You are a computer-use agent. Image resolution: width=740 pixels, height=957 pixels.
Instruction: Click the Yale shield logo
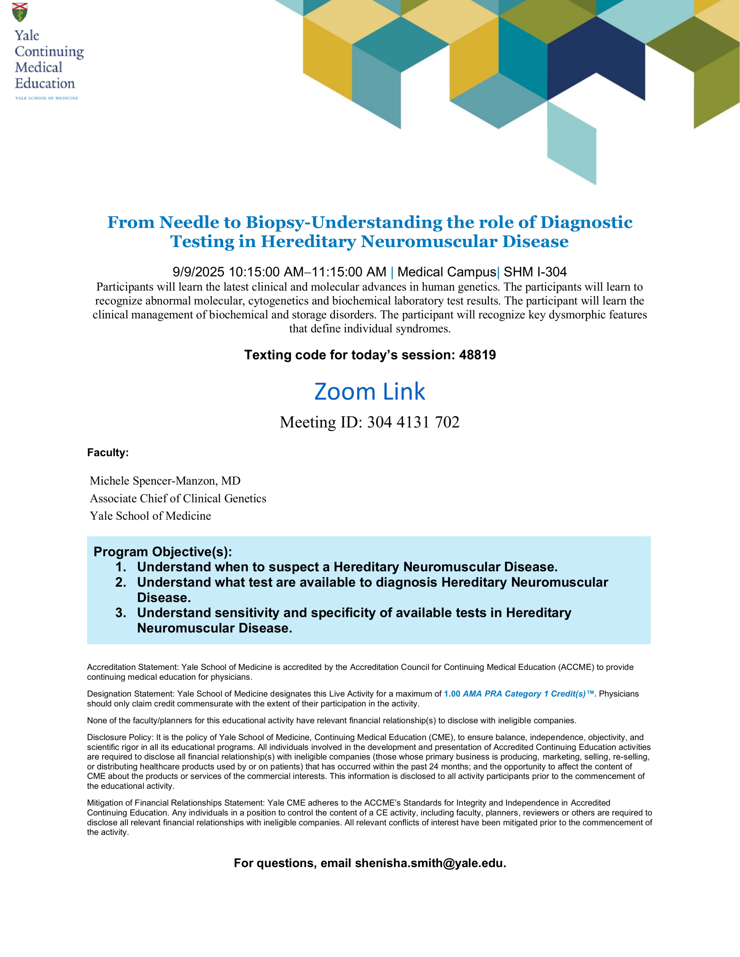pos(20,12)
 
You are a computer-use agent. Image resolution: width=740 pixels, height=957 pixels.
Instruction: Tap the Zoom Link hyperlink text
pos(370,391)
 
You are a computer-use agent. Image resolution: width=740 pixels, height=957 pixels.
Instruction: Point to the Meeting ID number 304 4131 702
pos(413,422)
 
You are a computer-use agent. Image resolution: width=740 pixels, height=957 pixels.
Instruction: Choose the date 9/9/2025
pos(199,272)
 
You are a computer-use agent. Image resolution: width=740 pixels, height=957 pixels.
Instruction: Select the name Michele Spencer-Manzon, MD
pos(165,481)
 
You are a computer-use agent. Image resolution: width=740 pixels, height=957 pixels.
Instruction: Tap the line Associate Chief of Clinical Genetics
pos(178,498)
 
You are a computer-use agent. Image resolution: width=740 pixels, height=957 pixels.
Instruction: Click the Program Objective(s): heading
pos(162,551)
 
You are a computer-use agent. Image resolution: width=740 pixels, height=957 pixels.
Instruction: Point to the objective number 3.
pos(121,612)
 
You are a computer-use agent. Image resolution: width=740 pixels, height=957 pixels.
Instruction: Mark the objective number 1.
pos(121,567)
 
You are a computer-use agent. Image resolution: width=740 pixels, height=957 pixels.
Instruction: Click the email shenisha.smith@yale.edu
pos(430,863)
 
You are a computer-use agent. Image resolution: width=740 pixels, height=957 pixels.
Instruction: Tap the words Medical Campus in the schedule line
pos(446,272)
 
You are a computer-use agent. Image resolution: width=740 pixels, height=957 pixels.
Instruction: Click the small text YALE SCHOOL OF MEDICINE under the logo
pos(47,98)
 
